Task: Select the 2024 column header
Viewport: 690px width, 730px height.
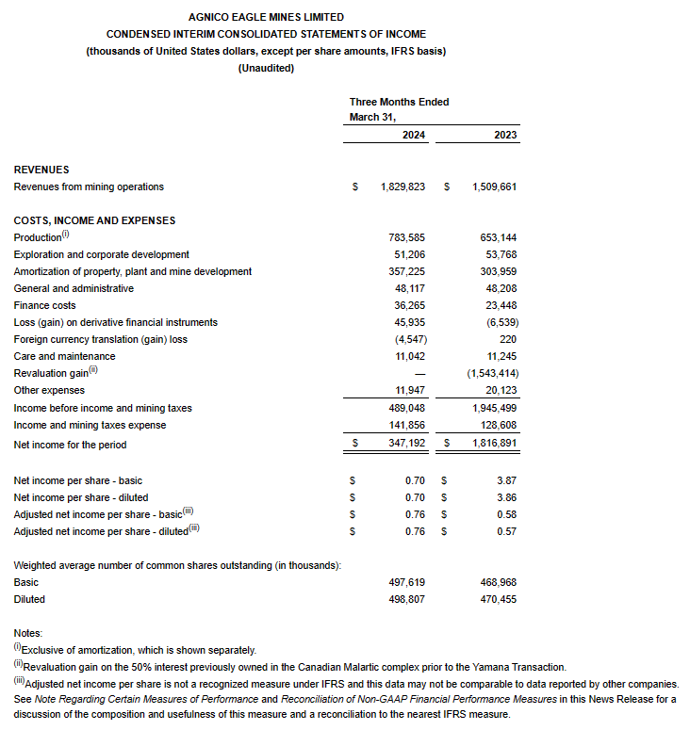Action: [x=414, y=136]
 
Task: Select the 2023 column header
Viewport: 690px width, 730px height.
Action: [x=505, y=136]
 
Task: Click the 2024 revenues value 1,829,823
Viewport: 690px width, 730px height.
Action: [x=403, y=187]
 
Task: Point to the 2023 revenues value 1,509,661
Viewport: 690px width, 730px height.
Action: [x=494, y=187]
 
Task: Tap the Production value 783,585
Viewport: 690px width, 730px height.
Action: [x=407, y=237]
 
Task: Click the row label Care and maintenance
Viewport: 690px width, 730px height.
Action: [x=65, y=356]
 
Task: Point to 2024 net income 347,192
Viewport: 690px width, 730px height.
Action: [x=407, y=445]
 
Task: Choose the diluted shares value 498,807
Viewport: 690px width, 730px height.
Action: [x=407, y=599]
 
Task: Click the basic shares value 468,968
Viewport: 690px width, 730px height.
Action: [x=499, y=582]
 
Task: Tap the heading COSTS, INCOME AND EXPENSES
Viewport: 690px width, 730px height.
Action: [x=94, y=220]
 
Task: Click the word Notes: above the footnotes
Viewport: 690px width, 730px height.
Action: [x=28, y=633]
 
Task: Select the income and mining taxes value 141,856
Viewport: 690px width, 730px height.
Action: [x=407, y=424]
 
